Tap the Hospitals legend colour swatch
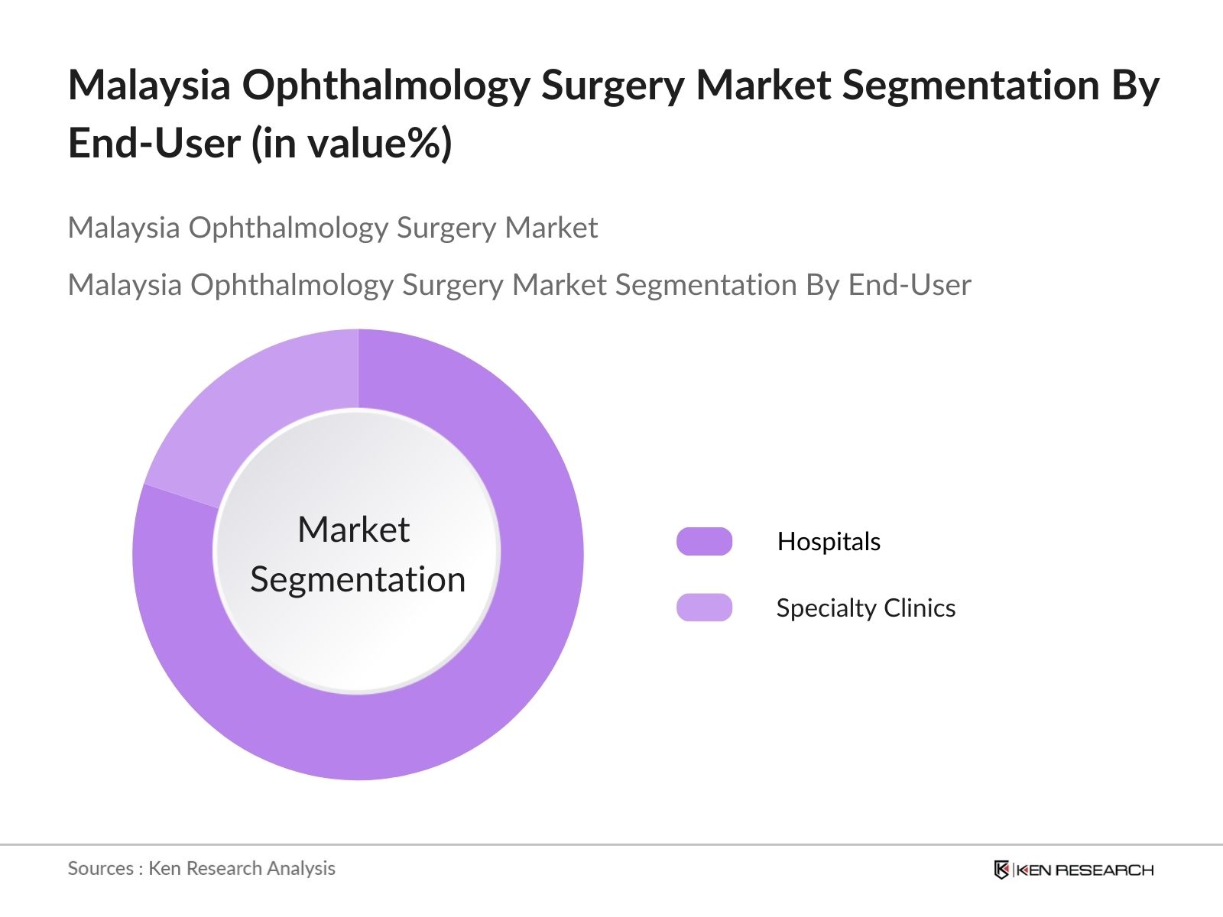[x=704, y=541]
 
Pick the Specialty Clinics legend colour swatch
[x=704, y=608]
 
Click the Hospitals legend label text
[x=829, y=541]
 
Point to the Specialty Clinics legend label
[x=865, y=608]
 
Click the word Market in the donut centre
[x=353, y=529]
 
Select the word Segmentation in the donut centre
[x=358, y=579]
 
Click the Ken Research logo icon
[x=1001, y=870]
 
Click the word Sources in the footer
[x=100, y=868]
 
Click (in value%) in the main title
[x=352, y=143]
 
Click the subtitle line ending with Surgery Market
[x=333, y=228]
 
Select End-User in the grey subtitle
[x=910, y=284]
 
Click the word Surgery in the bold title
[x=612, y=86]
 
